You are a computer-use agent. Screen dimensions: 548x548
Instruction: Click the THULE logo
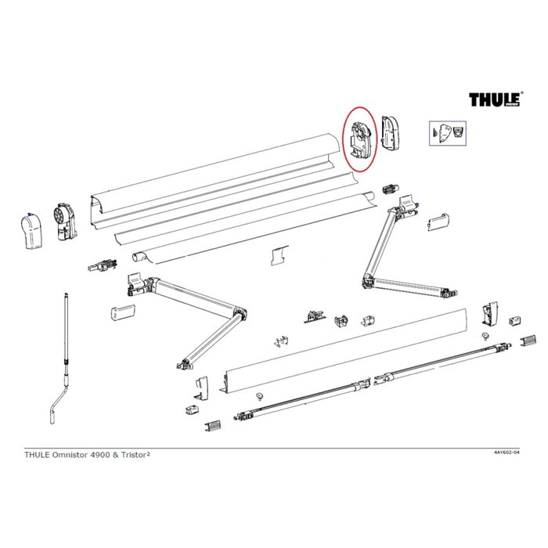tap(496, 99)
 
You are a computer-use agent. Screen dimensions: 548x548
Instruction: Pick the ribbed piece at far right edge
tap(529, 341)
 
